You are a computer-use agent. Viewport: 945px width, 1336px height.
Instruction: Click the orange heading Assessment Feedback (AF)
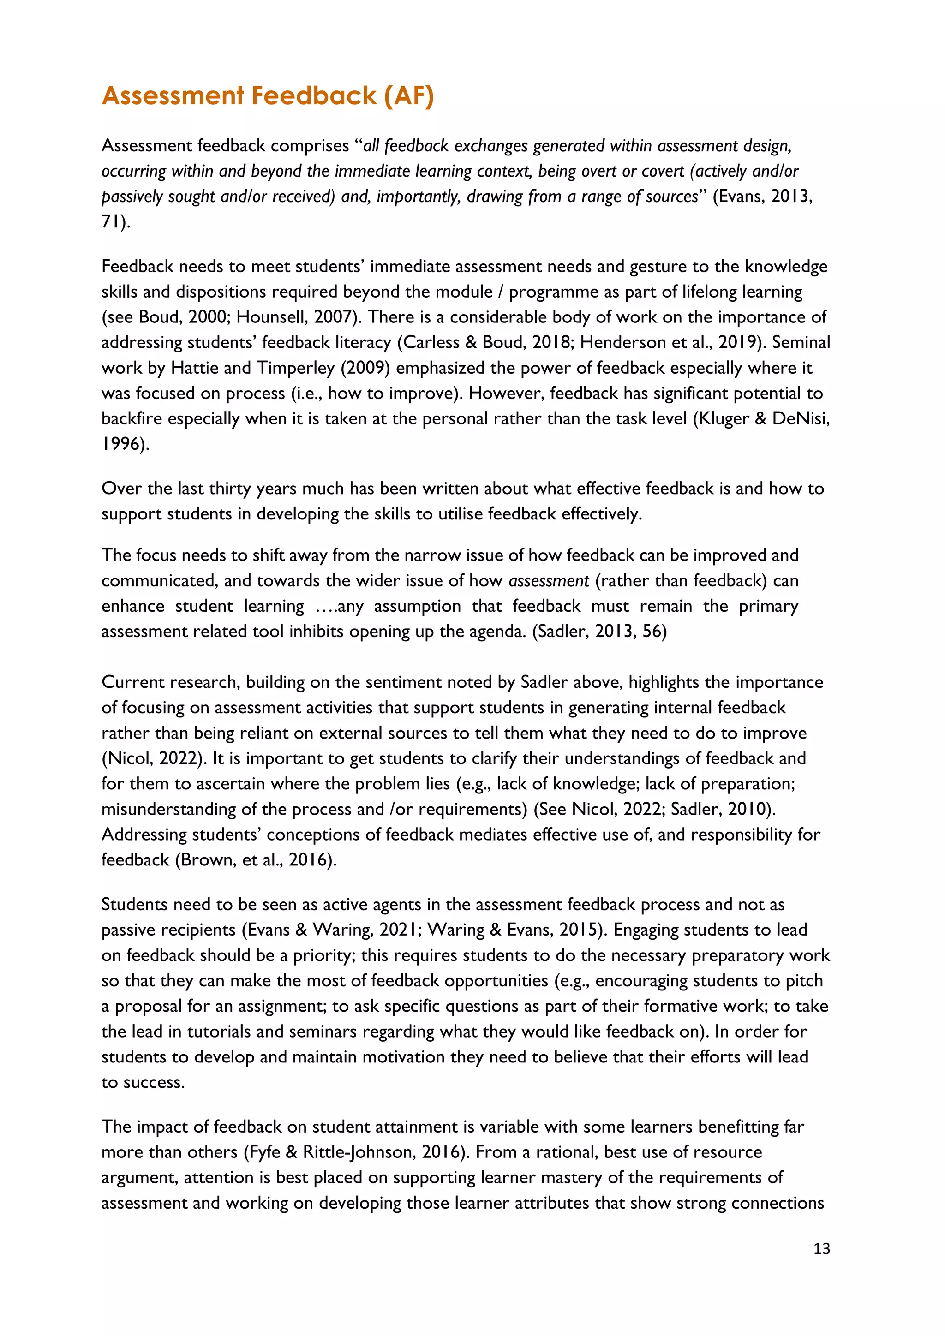[x=268, y=96]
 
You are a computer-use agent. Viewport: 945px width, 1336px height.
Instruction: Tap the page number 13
[x=822, y=1249]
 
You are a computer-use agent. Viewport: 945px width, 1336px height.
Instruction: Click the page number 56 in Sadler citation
[x=654, y=632]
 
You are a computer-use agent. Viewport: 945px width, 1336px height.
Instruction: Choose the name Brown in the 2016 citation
[x=205, y=860]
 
